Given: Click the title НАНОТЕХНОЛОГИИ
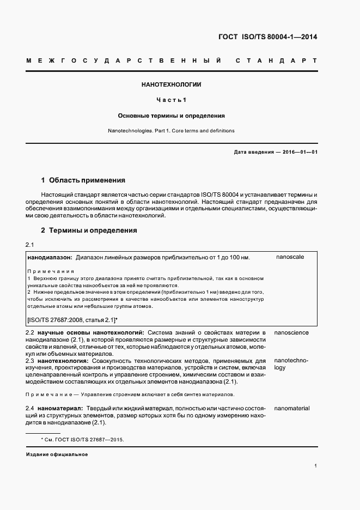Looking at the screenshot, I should point(172,85).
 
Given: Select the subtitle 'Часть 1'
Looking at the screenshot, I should point(172,100).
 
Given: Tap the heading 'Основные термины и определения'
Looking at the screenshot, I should point(172,116).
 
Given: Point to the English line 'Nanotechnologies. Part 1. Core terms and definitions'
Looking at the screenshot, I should point(172,131).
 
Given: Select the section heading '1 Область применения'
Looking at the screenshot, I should point(83,180).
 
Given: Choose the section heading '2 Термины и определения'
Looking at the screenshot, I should point(89,230).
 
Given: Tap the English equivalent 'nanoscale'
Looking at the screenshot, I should point(290,256).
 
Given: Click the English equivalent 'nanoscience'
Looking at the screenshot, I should point(291,332).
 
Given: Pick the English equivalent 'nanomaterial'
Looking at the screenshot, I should point(292,409).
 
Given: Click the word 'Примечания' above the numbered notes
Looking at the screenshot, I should point(50,271).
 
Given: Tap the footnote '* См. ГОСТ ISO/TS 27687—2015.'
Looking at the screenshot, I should point(82,439).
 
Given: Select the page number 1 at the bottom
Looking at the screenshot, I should point(315,466).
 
